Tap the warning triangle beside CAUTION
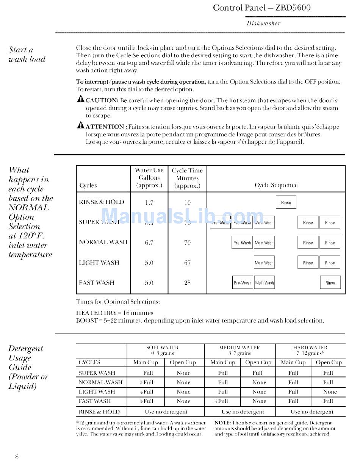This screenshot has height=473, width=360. (x=81, y=99)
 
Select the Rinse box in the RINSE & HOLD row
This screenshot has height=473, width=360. (x=286, y=202)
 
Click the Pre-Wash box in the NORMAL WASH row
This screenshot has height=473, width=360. (x=242, y=243)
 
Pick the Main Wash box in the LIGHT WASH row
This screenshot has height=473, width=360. (x=264, y=263)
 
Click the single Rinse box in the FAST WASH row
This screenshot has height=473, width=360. (x=330, y=283)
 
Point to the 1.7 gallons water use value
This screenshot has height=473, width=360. (x=149, y=202)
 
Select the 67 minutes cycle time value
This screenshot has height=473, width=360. (x=187, y=263)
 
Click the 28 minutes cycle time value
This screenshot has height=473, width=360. (x=187, y=283)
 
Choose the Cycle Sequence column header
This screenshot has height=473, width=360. (x=276, y=185)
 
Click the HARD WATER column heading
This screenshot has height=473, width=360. (x=310, y=347)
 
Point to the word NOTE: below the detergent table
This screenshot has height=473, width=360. (x=223, y=423)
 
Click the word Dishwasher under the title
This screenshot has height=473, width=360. (x=263, y=23)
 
